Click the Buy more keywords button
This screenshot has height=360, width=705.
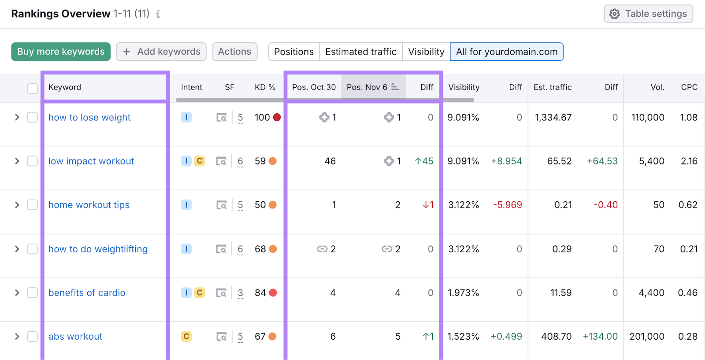tap(61, 52)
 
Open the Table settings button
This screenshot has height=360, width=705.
tap(648, 14)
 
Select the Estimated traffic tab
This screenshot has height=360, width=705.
tap(360, 52)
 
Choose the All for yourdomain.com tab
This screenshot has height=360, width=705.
tap(506, 52)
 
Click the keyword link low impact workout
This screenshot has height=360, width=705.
tap(91, 161)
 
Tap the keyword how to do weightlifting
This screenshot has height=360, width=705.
tap(98, 249)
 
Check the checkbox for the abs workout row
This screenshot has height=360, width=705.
tap(33, 337)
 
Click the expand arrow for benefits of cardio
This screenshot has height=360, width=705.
tap(17, 293)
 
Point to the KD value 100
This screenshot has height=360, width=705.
tap(262, 118)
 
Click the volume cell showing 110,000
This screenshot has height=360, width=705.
tap(647, 118)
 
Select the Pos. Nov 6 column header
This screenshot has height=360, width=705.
tap(367, 87)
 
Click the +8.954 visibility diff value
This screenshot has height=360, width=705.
tap(506, 161)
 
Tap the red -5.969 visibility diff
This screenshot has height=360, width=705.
tap(507, 205)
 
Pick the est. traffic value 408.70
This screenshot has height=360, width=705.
tap(556, 337)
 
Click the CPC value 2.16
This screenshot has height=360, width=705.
tap(689, 161)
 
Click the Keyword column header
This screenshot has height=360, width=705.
tap(65, 87)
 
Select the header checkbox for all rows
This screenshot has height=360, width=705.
tap(33, 89)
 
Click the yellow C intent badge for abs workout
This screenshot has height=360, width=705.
tap(186, 337)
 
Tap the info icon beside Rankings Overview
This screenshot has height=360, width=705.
tap(158, 14)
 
